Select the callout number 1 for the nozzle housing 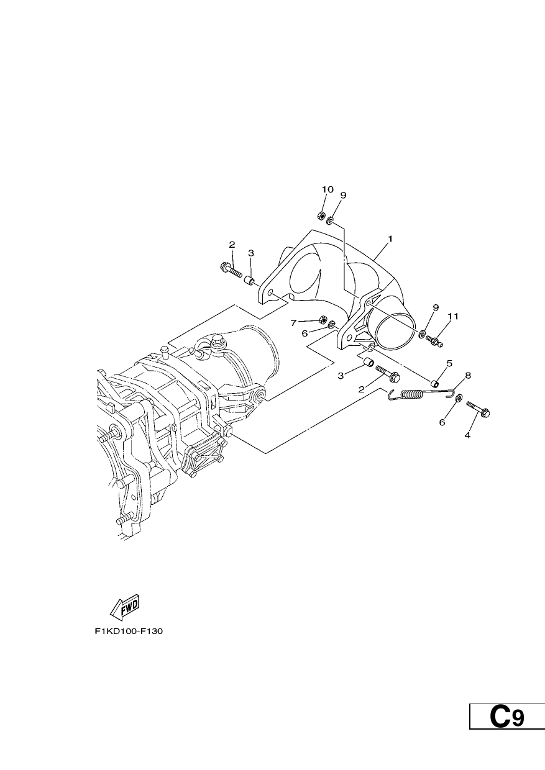(390, 238)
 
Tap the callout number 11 (453, 316)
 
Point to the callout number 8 (468, 375)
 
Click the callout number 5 (449, 363)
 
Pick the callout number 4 (467, 435)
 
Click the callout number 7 (293, 323)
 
